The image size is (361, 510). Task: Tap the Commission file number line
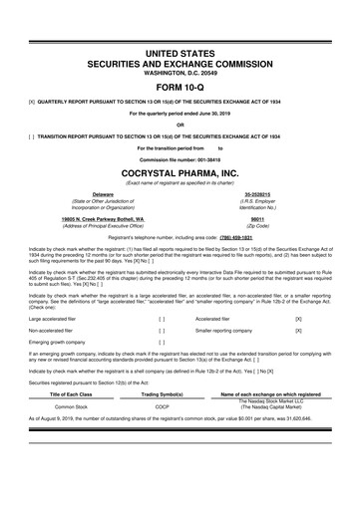point(180,156)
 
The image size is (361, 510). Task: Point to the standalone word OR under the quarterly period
point(180,125)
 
